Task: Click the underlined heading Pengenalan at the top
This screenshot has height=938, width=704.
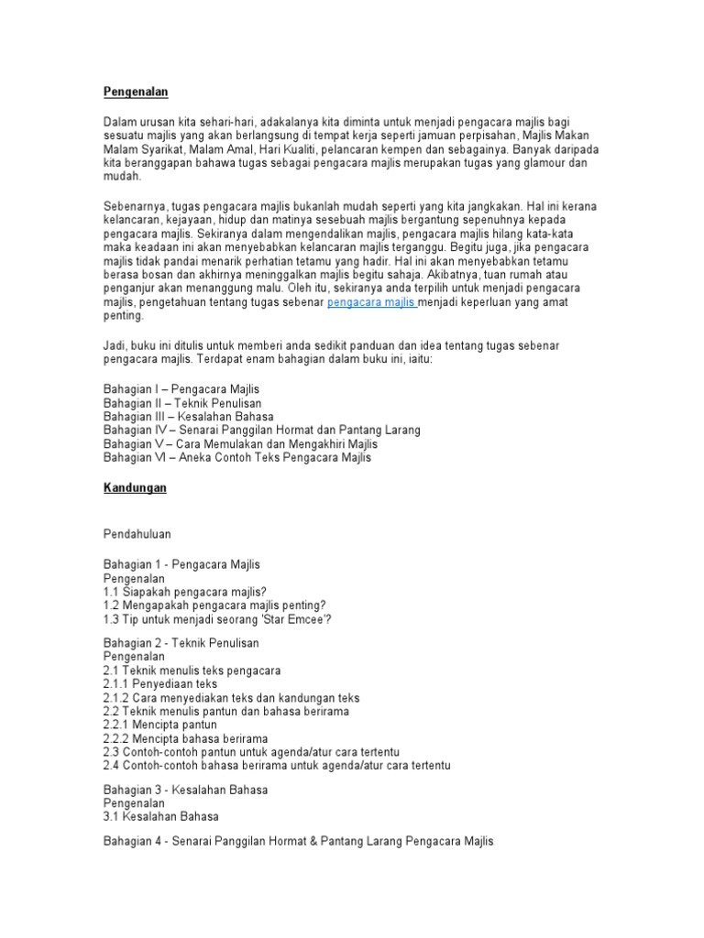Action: click(x=136, y=92)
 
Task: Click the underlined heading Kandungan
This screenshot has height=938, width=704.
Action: click(x=135, y=488)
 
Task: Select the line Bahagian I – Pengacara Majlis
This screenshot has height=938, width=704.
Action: click(x=181, y=388)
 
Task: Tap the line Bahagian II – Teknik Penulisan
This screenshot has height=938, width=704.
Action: click(x=181, y=402)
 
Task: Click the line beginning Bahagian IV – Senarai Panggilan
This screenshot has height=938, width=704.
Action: click(x=261, y=430)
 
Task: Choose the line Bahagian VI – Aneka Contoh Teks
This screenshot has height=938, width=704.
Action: click(x=237, y=457)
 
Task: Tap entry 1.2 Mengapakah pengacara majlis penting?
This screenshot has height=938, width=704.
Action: click(x=214, y=605)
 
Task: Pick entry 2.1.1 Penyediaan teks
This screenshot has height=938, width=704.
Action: click(x=160, y=683)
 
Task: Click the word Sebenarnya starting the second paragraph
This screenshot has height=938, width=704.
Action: click(x=135, y=206)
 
